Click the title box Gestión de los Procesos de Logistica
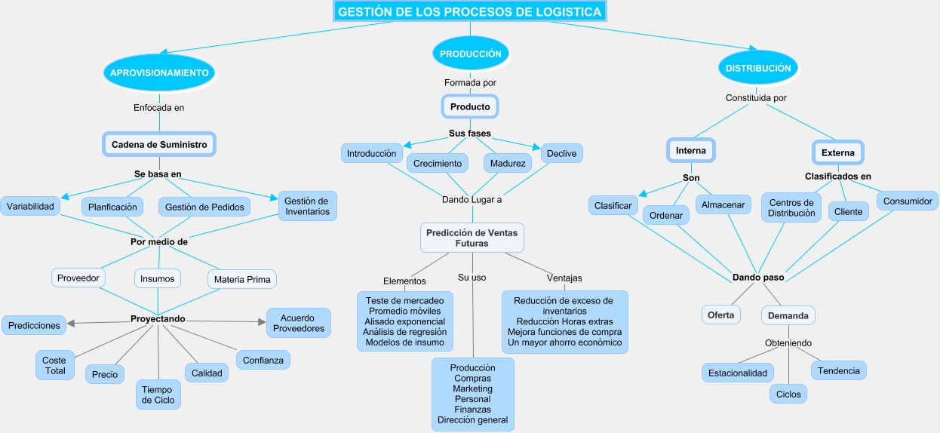click(469, 12)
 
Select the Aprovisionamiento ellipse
click(159, 72)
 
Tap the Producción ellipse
click(470, 54)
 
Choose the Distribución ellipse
click(758, 68)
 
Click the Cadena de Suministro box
click(159, 144)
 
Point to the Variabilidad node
click(30, 206)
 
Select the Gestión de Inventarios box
click(307, 206)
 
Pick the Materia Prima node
click(242, 279)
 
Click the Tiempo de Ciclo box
click(158, 395)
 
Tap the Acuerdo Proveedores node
click(299, 323)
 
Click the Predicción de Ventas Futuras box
click(472, 238)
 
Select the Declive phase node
click(561, 153)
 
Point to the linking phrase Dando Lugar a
click(472, 200)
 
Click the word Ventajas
click(564, 278)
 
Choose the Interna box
click(691, 150)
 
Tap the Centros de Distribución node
click(792, 207)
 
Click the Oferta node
click(720, 315)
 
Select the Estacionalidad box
click(738, 373)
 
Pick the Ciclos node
click(788, 394)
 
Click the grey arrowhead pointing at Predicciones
click(71, 324)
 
